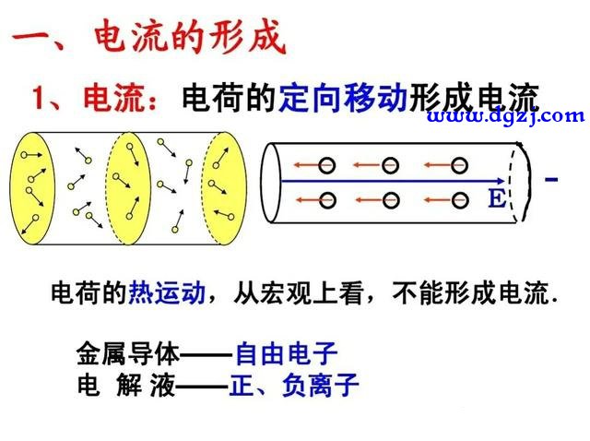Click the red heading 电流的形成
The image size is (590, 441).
tap(190, 37)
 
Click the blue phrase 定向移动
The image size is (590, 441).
tap(344, 98)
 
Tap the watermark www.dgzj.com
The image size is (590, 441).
tap(506, 115)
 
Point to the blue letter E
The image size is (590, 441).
tap(497, 198)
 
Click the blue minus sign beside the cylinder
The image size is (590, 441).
tap(551, 180)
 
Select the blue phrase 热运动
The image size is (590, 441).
tap(167, 292)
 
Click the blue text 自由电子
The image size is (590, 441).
tap(286, 353)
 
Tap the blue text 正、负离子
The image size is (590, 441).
tap(294, 385)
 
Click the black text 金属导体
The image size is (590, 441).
tap(128, 353)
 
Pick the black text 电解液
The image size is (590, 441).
tap(126, 385)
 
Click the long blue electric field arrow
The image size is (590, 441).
tap(393, 182)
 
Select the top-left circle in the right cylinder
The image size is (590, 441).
tap(326, 165)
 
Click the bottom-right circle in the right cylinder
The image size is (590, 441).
tap(460, 200)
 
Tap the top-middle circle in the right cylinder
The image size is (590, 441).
tap(390, 165)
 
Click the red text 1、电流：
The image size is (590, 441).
tap(94, 99)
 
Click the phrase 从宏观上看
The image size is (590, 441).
tap(299, 292)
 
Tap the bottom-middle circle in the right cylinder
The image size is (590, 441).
tap(391, 200)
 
